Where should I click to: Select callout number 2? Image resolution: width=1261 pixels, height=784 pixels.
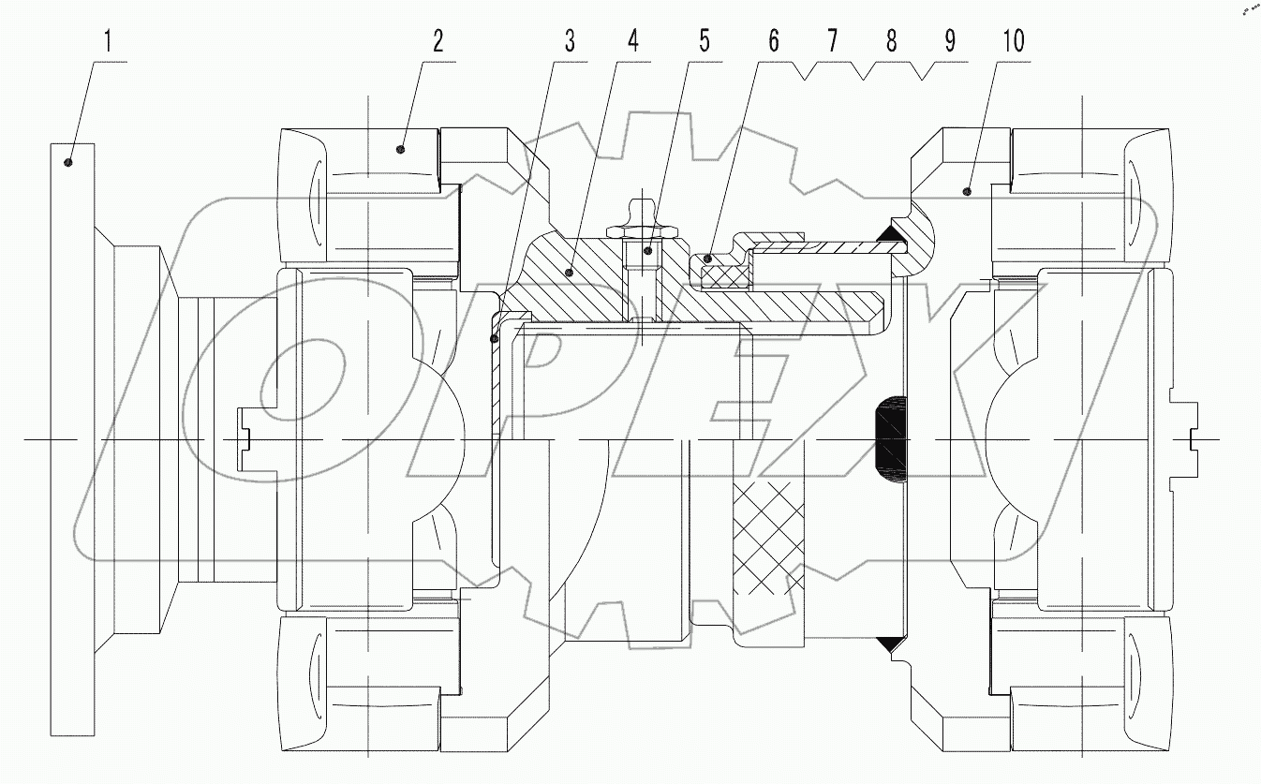click(437, 41)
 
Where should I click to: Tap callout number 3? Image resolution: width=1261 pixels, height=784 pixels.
click(569, 41)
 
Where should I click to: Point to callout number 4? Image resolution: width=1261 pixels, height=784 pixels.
click(633, 41)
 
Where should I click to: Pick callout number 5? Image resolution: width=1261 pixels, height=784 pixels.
click(704, 41)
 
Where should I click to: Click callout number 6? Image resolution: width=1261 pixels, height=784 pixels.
click(773, 41)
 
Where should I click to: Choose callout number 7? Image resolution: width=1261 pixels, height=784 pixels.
click(832, 41)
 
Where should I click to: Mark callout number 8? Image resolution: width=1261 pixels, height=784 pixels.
click(891, 41)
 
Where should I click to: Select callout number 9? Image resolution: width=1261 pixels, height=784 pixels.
click(950, 41)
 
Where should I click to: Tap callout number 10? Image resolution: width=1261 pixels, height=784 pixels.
click(1013, 41)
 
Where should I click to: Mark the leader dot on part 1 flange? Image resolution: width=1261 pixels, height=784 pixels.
click(69, 163)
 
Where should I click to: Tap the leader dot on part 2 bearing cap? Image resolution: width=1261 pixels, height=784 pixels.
click(400, 148)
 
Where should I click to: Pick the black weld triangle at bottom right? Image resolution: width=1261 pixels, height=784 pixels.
click(890, 644)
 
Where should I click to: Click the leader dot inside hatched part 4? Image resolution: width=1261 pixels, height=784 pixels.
click(569, 273)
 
